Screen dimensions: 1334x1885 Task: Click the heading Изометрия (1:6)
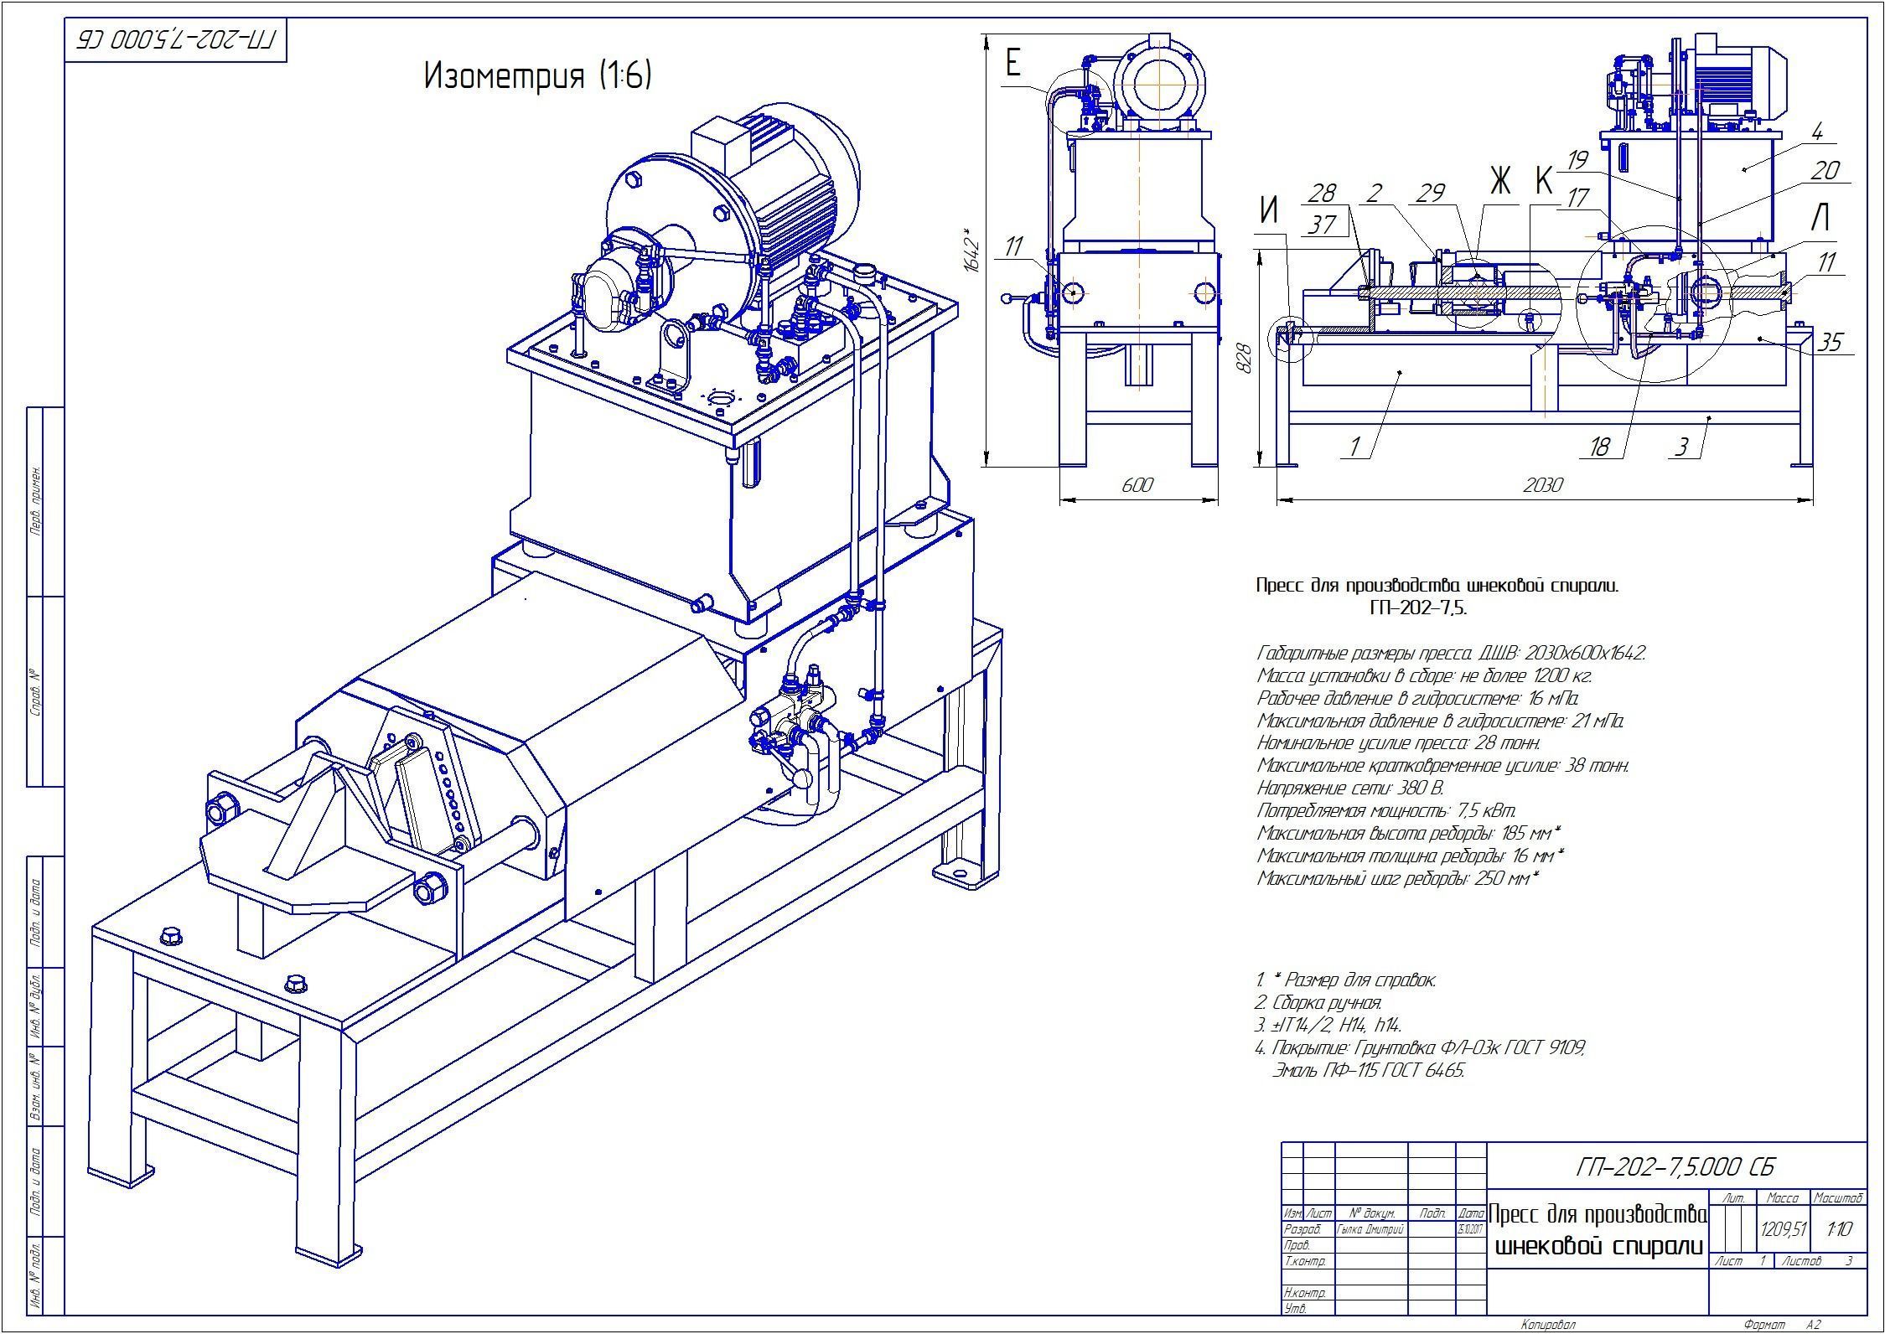coord(537,76)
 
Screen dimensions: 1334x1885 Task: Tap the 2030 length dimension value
coord(1542,485)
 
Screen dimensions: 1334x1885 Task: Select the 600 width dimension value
coord(1137,485)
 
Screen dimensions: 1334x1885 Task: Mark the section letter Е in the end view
coord(1013,63)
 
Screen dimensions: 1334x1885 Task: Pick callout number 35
coord(1831,342)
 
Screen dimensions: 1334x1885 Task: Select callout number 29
coord(1430,193)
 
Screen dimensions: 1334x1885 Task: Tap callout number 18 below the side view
coord(1599,447)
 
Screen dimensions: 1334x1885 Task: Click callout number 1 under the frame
coord(1354,447)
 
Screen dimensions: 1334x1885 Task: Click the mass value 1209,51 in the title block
coord(1784,1229)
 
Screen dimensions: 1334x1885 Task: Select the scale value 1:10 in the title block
coord(1840,1229)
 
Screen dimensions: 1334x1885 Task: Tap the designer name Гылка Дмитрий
coord(1370,1229)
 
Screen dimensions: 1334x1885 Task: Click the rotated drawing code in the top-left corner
coord(175,39)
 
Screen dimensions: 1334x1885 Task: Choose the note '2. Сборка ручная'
coord(1318,1003)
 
